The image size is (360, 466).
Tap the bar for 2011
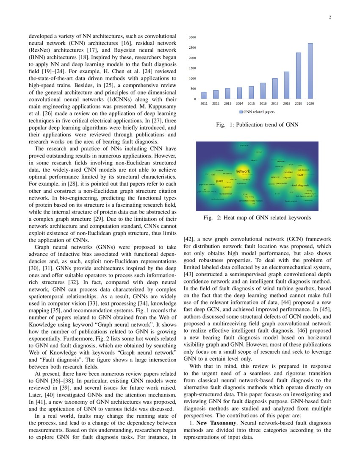pyautogui.click(x=204, y=95)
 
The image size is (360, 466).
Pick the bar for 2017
pyautogui.click(x=275, y=89)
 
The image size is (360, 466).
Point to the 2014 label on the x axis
pyautogui.click(x=239, y=103)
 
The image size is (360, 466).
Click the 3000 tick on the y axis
pyautogui.click(x=192, y=37)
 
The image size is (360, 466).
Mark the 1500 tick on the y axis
pyautogui.click(x=192, y=68)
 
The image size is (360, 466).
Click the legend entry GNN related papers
pyautogui.click(x=257, y=112)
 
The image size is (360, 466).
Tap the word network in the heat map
pyautogui.click(x=243, y=171)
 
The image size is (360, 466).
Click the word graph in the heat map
pyautogui.click(x=219, y=181)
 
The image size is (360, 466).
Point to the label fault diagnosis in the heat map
pyautogui.click(x=300, y=186)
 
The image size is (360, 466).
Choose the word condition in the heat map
pyautogui.click(x=288, y=172)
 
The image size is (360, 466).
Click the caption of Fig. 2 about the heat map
pyautogui.click(x=257, y=218)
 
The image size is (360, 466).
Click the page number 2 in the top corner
pyautogui.click(x=330, y=17)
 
